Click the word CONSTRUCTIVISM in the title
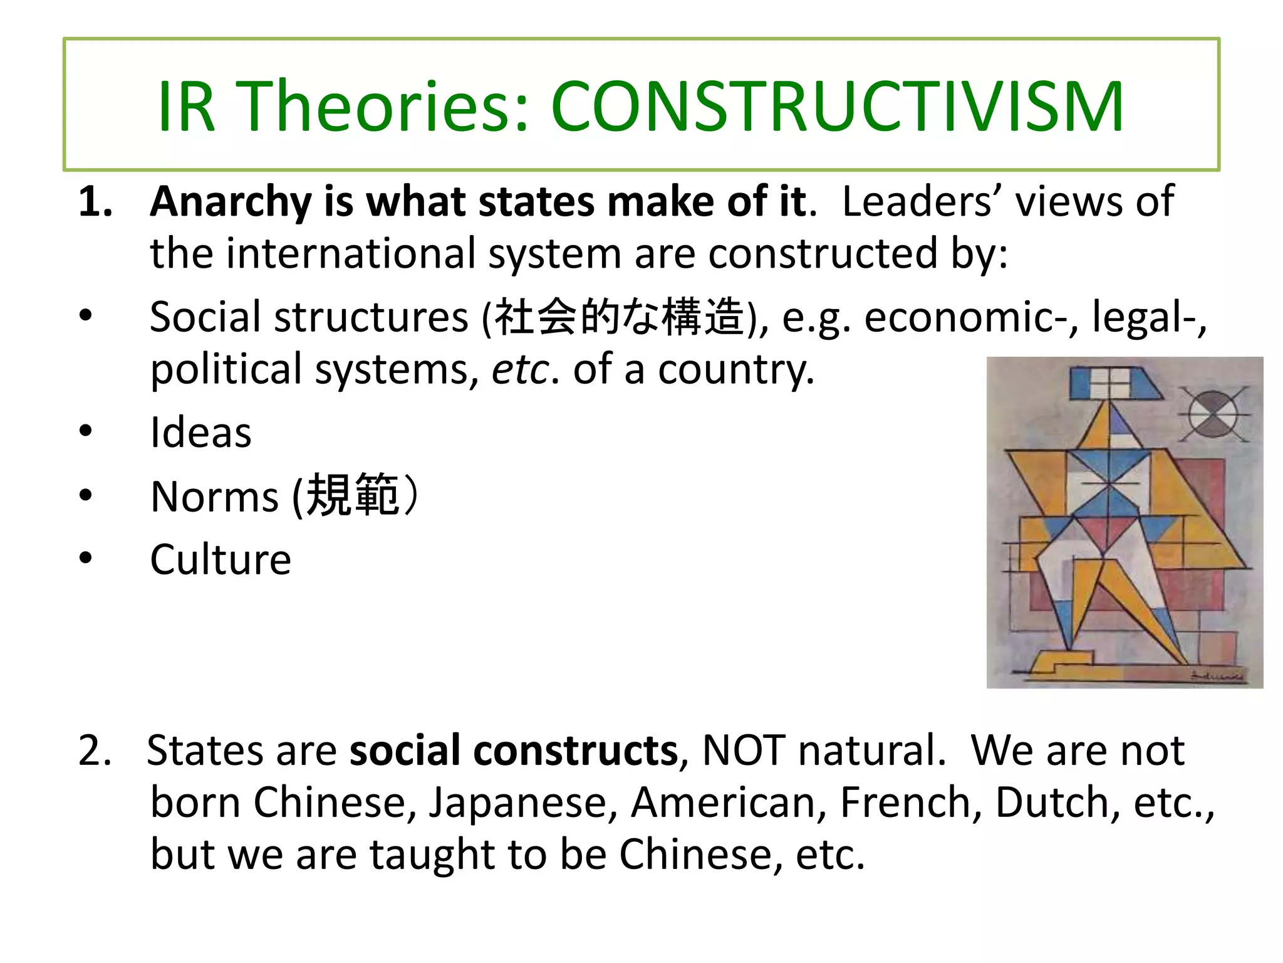pos(837,107)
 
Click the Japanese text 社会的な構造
pos(620,317)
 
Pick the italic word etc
pos(520,370)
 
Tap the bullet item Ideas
pos(200,433)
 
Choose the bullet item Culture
pos(221,559)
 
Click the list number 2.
pos(95,750)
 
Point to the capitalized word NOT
pos(744,750)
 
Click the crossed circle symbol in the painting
pos(1213,414)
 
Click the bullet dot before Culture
pos(86,558)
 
